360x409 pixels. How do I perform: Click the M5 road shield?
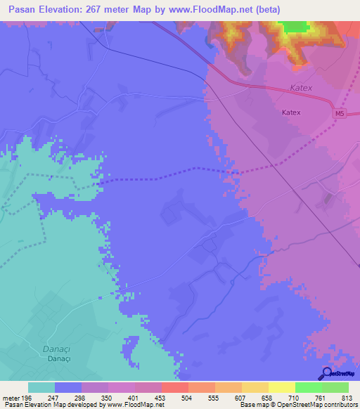pyautogui.click(x=340, y=114)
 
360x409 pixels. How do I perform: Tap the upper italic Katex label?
pyautogui.click(x=300, y=89)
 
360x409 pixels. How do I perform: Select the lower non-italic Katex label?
pyautogui.click(x=290, y=112)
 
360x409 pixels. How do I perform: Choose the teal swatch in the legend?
pyautogui.click(x=41, y=387)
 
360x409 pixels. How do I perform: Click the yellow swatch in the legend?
pyautogui.click(x=281, y=387)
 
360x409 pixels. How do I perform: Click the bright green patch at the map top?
pyautogui.click(x=295, y=27)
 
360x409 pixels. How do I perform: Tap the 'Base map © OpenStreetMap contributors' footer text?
pyautogui.click(x=296, y=405)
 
